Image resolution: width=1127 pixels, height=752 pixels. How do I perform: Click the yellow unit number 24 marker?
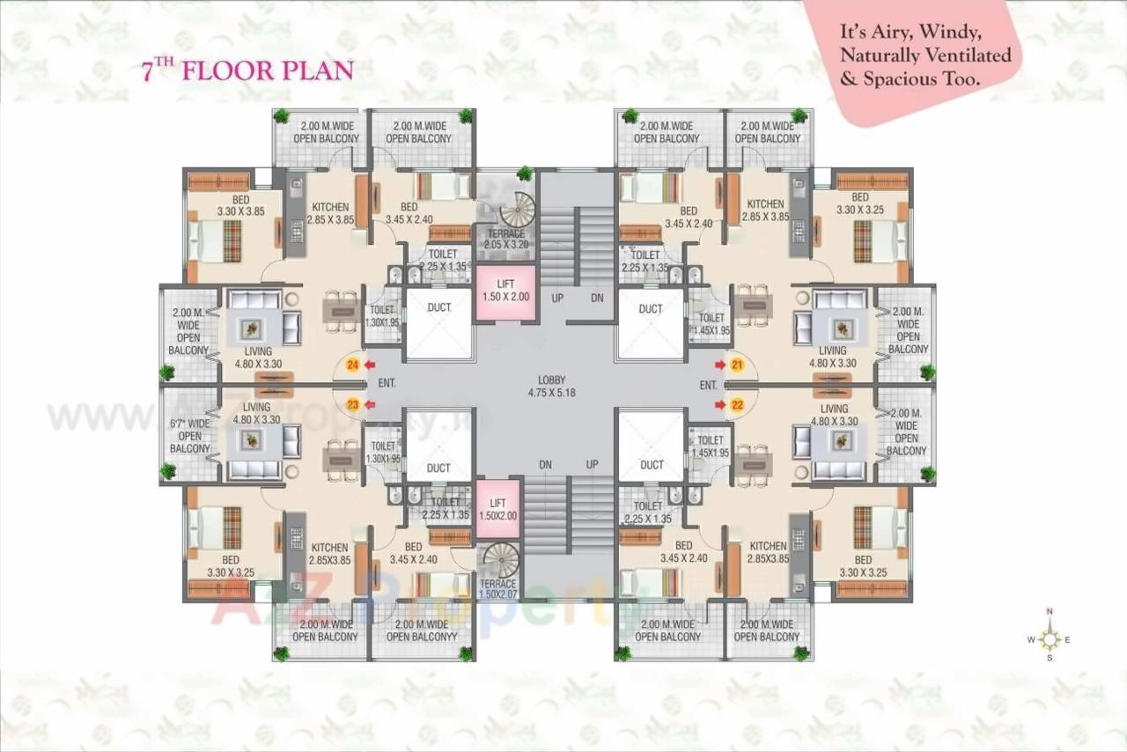pyautogui.click(x=353, y=364)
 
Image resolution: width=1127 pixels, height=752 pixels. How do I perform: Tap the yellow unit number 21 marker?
pyautogui.click(x=737, y=364)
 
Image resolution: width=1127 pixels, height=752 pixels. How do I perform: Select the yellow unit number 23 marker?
pyautogui.click(x=353, y=404)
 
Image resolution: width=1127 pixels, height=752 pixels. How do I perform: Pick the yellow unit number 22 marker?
pyautogui.click(x=737, y=404)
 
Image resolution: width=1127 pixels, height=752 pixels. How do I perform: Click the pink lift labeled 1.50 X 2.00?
pyautogui.click(x=505, y=291)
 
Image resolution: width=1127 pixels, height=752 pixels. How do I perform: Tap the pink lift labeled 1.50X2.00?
pyautogui.click(x=497, y=510)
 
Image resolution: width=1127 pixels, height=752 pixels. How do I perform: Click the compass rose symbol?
pyautogui.click(x=1050, y=639)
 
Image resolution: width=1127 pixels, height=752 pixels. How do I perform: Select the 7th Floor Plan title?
pyautogui.click(x=247, y=71)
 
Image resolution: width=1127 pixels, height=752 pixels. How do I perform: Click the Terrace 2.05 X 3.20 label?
pyautogui.click(x=505, y=240)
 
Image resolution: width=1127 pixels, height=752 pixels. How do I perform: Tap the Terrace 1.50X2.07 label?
pyautogui.click(x=497, y=590)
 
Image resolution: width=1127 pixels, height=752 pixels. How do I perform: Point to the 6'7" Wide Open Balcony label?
pyautogui.click(x=189, y=436)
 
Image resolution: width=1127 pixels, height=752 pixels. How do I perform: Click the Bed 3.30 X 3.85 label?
pyautogui.click(x=241, y=206)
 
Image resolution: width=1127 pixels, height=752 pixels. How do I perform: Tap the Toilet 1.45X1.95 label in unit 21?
pyautogui.click(x=711, y=324)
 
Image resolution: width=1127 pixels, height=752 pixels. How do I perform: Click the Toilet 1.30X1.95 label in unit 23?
pyautogui.click(x=383, y=453)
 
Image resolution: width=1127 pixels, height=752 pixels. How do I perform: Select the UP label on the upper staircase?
pyautogui.click(x=557, y=298)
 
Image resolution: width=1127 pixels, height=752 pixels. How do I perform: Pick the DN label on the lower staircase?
pyautogui.click(x=546, y=464)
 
